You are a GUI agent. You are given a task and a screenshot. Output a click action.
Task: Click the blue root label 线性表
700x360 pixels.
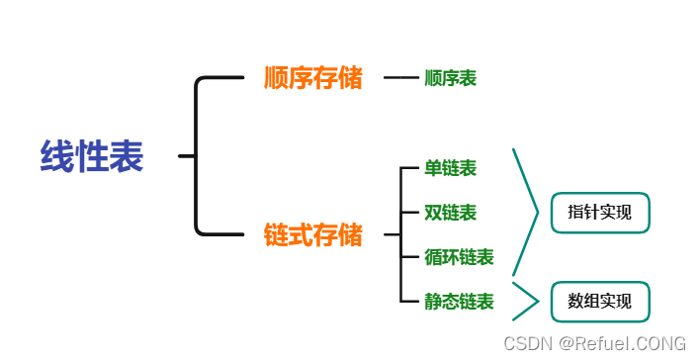(92, 156)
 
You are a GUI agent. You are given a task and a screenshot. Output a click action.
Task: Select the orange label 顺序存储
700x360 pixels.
(313, 78)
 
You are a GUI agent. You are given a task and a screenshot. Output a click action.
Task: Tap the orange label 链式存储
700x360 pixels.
(313, 235)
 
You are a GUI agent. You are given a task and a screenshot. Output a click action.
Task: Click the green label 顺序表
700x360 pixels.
(450, 78)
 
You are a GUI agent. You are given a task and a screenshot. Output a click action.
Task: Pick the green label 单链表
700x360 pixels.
(450, 168)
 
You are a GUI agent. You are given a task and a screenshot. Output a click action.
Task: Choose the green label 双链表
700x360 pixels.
(450, 213)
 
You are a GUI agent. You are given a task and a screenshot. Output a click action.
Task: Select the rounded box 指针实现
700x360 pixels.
(599, 213)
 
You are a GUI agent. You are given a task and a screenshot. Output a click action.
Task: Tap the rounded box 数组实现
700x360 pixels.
(599, 301)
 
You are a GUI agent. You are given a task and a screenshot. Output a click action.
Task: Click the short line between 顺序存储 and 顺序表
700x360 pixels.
(400, 78)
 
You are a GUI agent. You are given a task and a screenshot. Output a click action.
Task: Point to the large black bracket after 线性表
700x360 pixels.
(198, 156)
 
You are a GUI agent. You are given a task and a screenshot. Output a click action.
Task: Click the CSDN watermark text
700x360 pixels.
(594, 343)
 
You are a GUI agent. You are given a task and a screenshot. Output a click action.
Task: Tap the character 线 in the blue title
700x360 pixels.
(57, 156)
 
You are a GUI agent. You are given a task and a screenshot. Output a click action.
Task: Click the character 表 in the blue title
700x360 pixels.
(127, 156)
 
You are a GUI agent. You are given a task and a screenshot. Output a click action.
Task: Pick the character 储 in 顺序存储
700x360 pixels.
(351, 78)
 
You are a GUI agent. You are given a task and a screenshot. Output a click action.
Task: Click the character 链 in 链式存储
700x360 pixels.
(277, 235)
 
